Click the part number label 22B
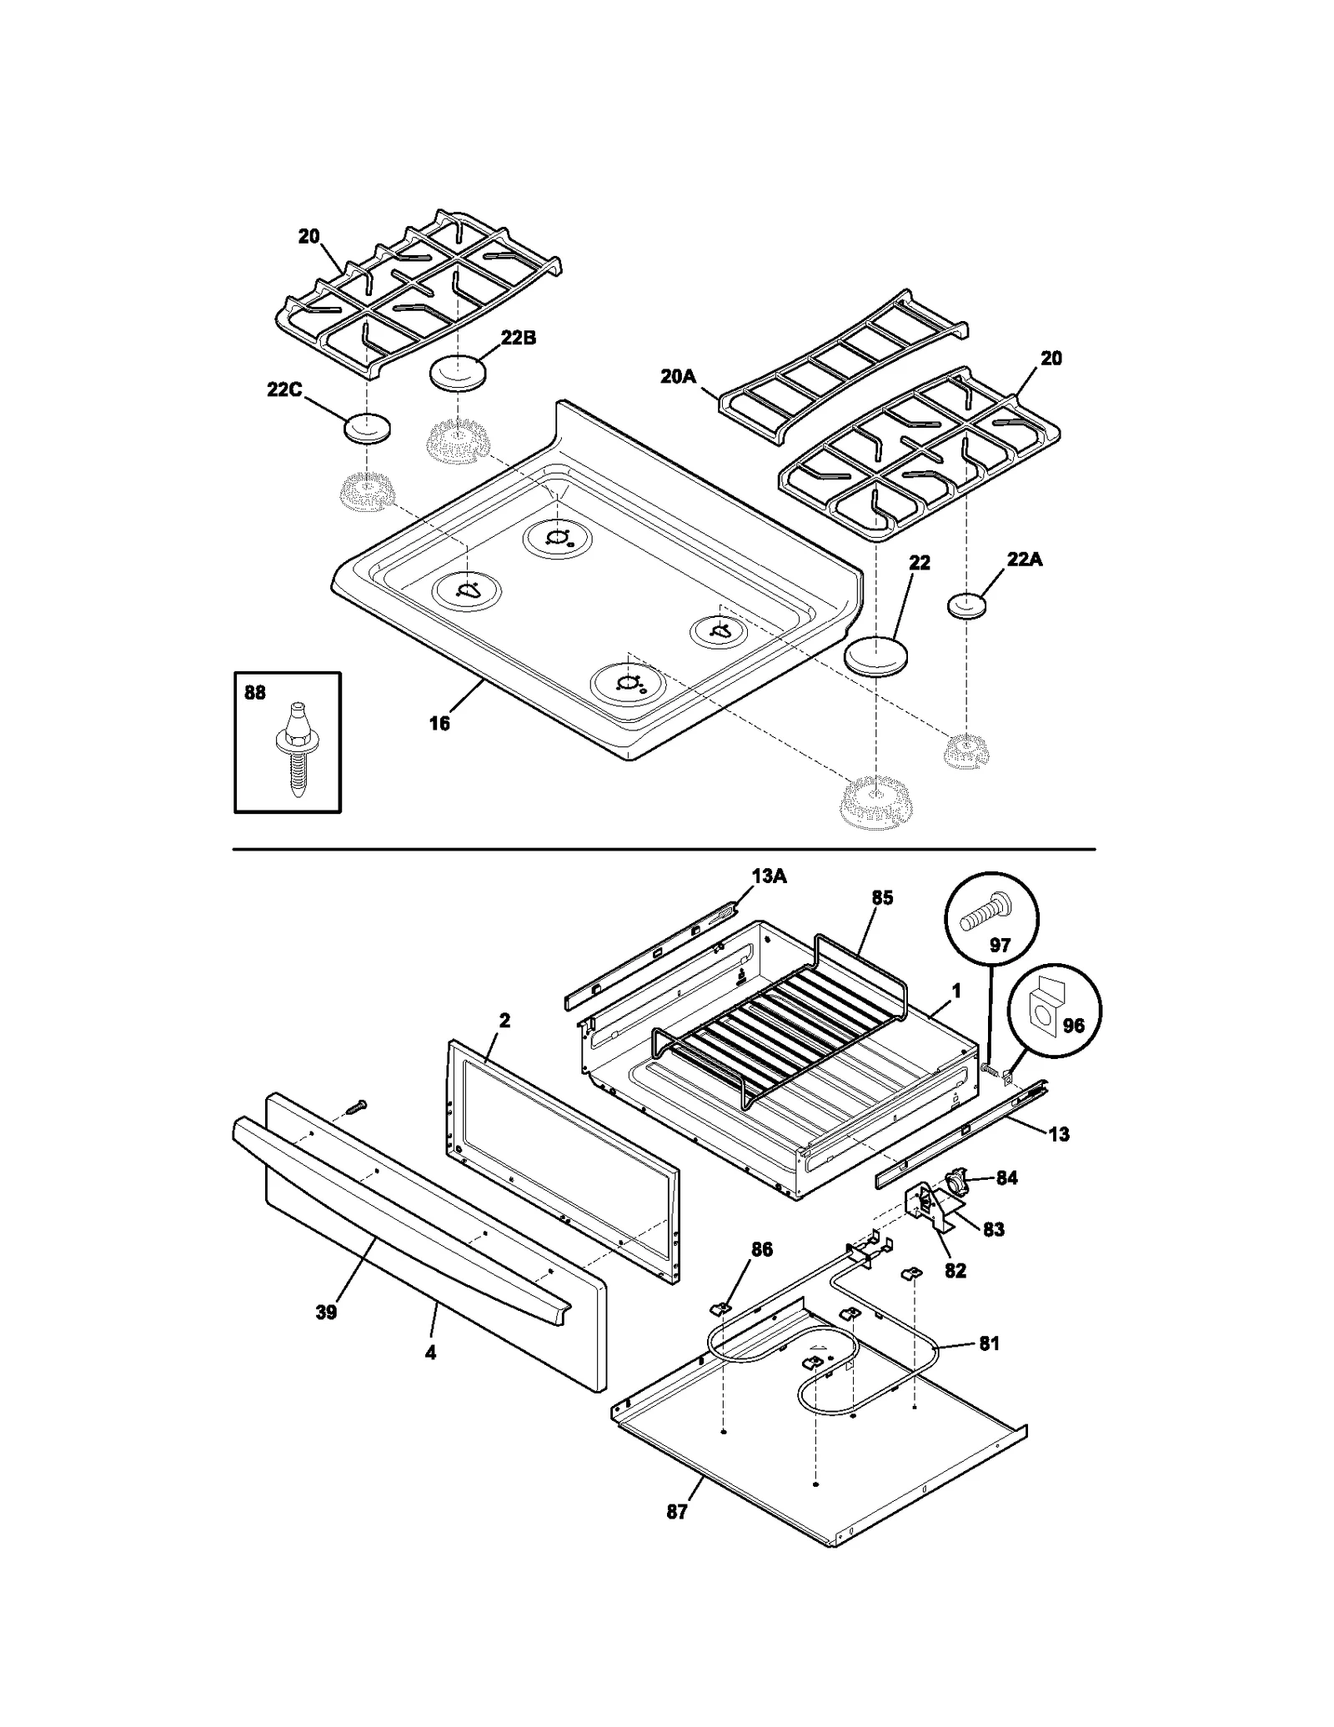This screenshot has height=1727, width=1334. [x=518, y=338]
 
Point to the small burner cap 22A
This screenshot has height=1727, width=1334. [x=966, y=605]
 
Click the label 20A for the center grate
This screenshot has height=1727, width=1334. [x=677, y=377]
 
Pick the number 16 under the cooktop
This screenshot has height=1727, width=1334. [x=439, y=723]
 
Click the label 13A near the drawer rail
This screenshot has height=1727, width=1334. [x=768, y=876]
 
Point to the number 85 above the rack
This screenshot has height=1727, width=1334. [x=882, y=897]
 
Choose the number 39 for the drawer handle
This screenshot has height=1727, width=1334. [x=326, y=1312]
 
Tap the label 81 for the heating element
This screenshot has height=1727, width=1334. [x=989, y=1343]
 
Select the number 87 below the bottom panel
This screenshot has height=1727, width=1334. [x=677, y=1512]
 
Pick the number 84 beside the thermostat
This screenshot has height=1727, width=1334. [x=1007, y=1177]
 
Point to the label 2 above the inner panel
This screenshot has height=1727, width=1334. [x=504, y=1020]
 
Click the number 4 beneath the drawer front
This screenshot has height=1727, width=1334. [x=430, y=1353]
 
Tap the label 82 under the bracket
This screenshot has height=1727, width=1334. [x=955, y=1270]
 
